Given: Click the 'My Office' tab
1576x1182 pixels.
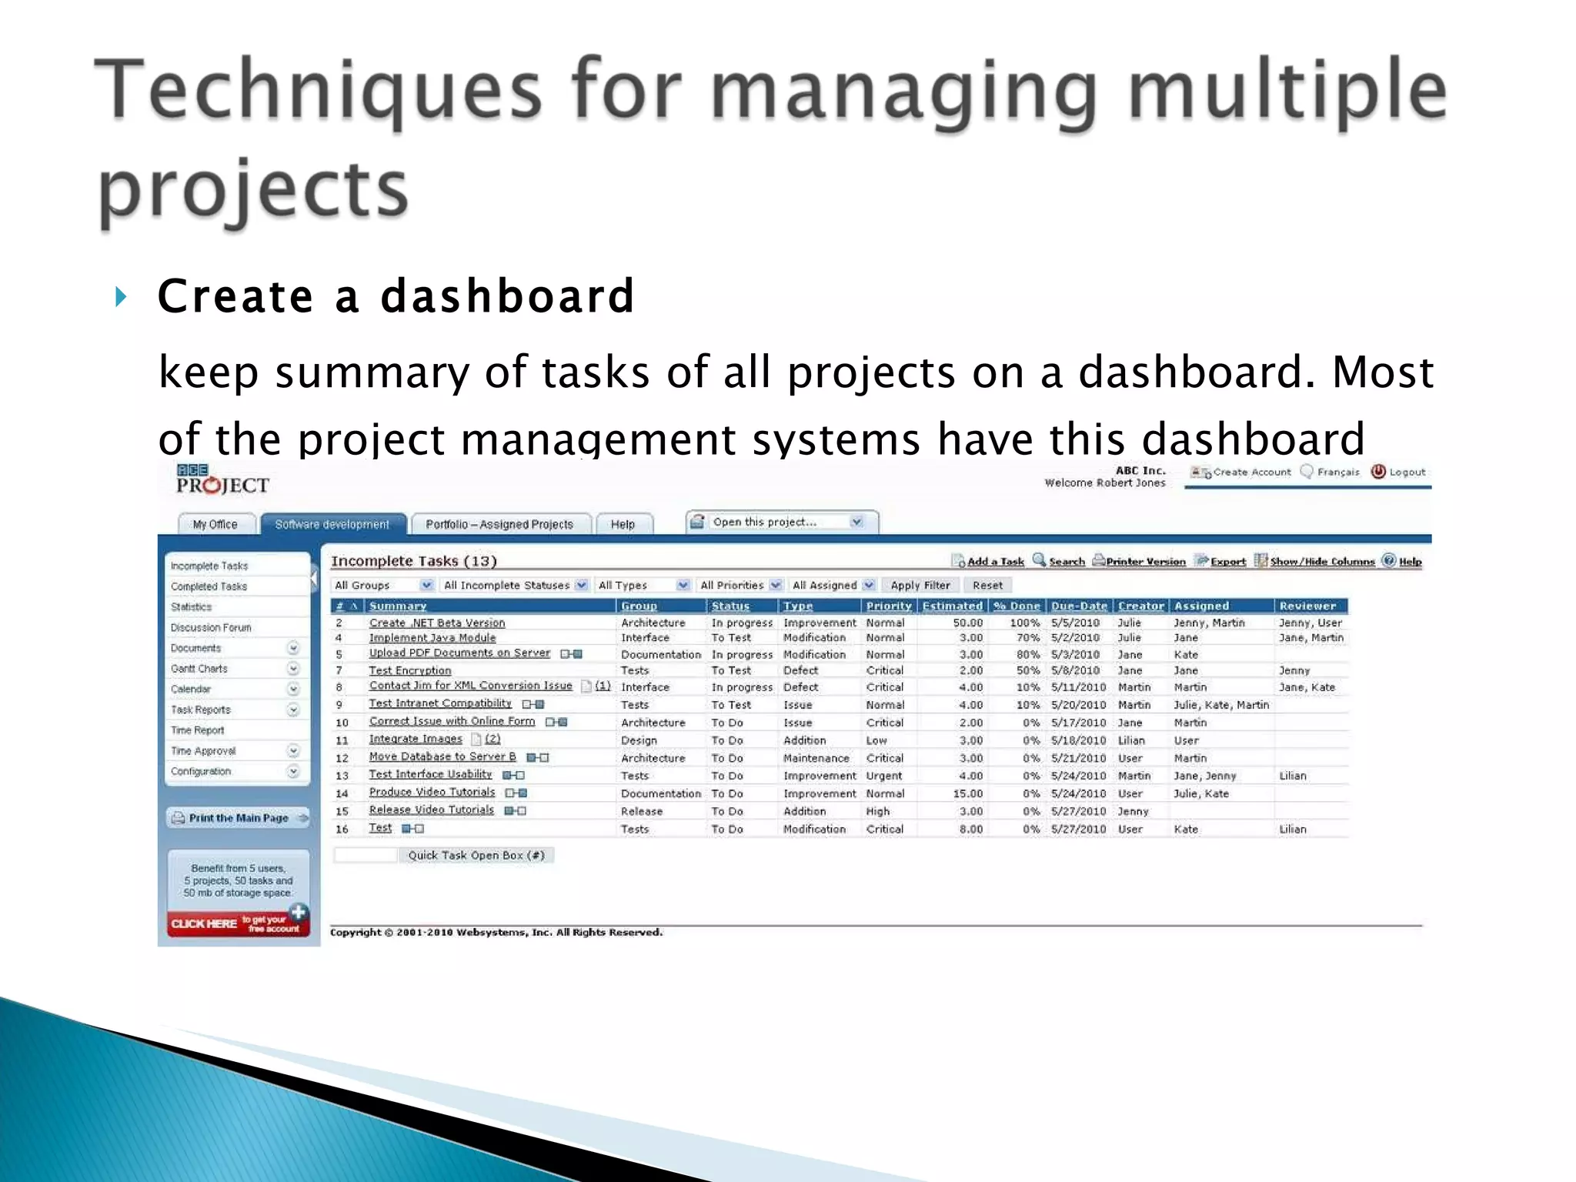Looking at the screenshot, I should click(215, 524).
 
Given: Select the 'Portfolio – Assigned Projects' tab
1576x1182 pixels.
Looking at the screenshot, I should click(499, 524).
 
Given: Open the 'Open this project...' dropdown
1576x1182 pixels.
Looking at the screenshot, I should click(783, 522).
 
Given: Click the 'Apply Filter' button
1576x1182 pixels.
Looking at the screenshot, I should click(920, 585).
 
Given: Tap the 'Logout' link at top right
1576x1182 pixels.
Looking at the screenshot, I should click(1406, 472).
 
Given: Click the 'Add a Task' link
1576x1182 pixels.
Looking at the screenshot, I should click(995, 561).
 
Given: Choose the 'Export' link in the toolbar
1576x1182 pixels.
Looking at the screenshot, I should click(1227, 561).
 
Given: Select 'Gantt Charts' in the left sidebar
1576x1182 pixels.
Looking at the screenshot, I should click(199, 669).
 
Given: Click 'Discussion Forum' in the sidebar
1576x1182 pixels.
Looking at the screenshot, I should click(211, 627).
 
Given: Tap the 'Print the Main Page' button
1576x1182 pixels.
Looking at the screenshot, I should click(239, 817).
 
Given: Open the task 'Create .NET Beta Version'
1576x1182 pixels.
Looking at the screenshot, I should click(437, 623).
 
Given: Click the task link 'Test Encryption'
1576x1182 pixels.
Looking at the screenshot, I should click(410, 670).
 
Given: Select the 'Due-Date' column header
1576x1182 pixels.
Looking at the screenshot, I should click(1079, 606).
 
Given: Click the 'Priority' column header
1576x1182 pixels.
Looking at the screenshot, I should click(888, 606).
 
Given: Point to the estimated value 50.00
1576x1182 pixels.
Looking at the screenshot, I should click(967, 623).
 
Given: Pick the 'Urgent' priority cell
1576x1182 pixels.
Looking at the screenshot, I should click(884, 776).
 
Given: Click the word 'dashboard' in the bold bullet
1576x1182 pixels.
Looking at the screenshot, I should click(507, 296).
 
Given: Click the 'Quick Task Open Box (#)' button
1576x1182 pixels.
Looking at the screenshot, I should click(476, 855).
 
